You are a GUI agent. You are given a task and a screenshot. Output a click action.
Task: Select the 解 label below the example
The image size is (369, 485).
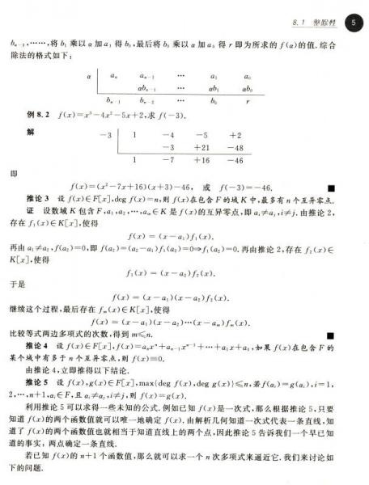[30, 132]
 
